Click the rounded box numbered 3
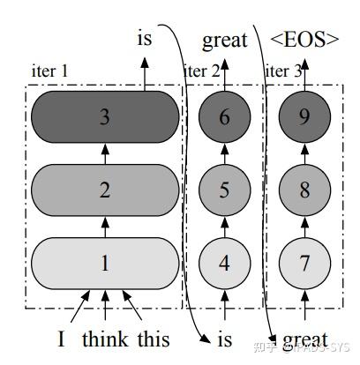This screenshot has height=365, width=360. click(105, 115)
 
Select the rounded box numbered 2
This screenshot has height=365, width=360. click(105, 189)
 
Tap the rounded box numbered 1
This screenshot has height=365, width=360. click(105, 262)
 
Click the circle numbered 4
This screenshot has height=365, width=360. click(224, 262)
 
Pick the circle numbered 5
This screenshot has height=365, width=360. click(224, 189)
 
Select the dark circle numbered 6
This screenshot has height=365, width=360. click(224, 115)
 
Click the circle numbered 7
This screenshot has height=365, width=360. click(304, 262)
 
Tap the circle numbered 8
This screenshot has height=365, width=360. click(304, 189)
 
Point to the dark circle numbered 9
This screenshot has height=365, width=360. click(304, 115)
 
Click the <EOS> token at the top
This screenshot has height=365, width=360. click(304, 39)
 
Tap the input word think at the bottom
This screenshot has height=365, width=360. click(103, 339)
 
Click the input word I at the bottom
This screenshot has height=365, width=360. click(62, 339)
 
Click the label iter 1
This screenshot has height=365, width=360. click(49, 70)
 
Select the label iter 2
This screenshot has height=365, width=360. click(203, 70)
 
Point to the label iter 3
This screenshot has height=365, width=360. click(283, 70)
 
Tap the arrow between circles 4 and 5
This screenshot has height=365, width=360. click(224, 226)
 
